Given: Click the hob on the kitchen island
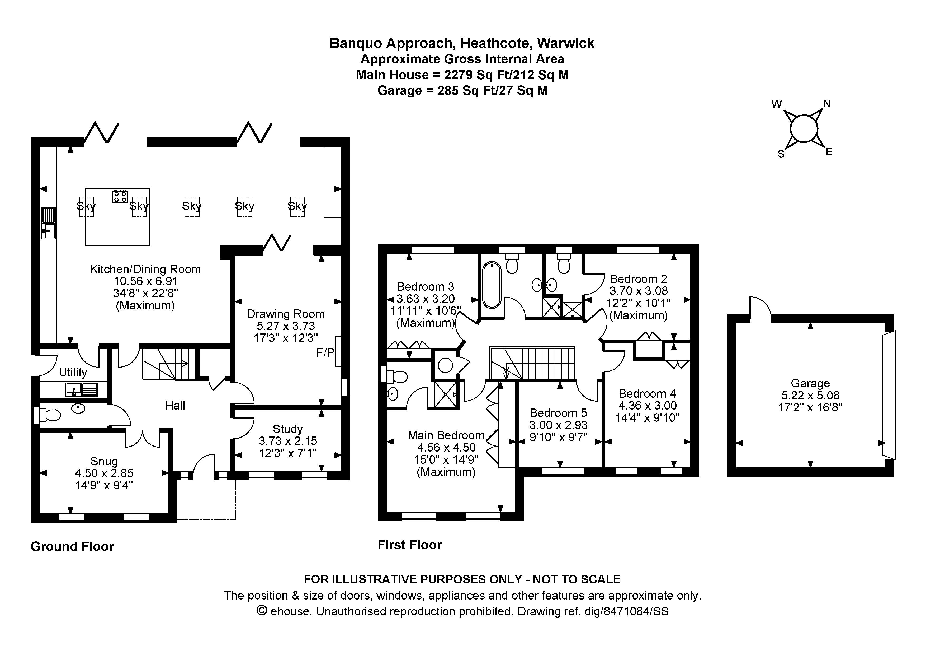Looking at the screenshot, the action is tap(120, 197).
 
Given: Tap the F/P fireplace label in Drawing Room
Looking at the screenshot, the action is tap(325, 353).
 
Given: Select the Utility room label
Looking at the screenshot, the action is tap(73, 372).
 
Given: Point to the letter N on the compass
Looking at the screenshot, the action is tap(826, 104).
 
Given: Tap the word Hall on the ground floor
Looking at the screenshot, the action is tap(175, 406).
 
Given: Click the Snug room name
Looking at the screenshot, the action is tap(104, 461).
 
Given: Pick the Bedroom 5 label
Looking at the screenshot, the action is tap(558, 413).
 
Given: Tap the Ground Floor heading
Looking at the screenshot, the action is tap(73, 546).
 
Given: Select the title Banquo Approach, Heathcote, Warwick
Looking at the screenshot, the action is tap(462, 43).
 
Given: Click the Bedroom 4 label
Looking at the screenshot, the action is tap(647, 393).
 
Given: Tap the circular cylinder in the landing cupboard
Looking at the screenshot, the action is tap(446, 366).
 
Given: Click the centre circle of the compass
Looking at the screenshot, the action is tap(804, 129).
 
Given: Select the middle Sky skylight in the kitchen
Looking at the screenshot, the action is tap(192, 207).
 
